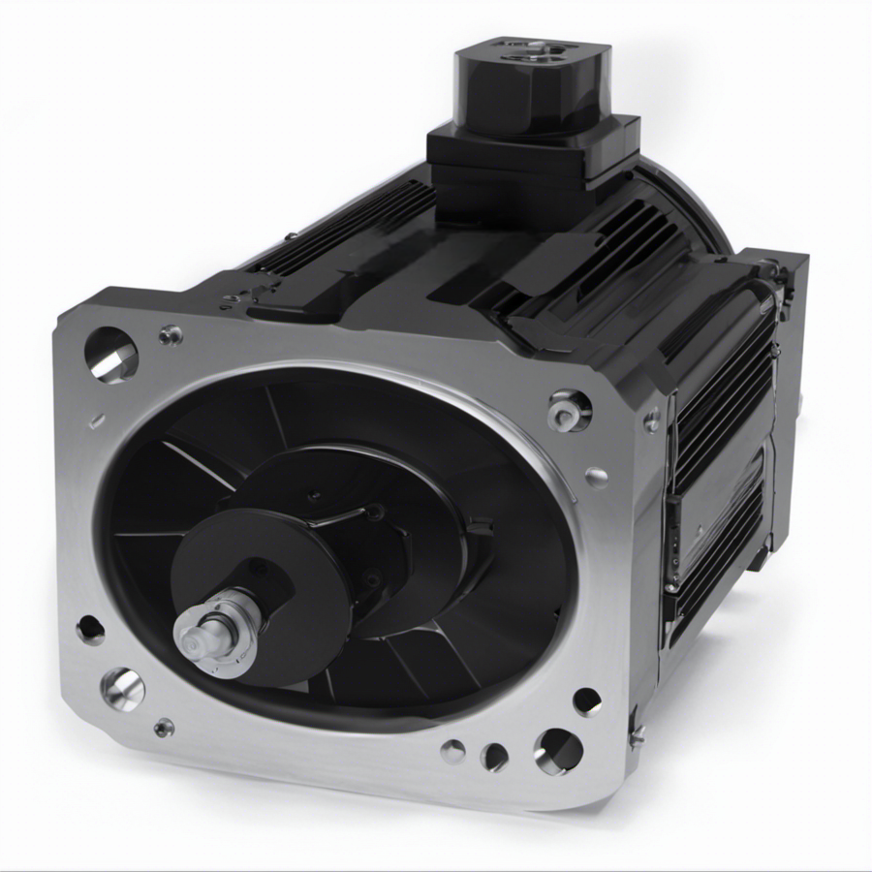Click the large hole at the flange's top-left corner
(x=110, y=354)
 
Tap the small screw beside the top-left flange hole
(x=171, y=335)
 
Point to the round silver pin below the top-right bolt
(x=597, y=476)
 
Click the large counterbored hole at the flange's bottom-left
(x=123, y=688)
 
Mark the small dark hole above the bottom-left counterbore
(x=90, y=630)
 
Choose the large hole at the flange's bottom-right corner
(x=559, y=750)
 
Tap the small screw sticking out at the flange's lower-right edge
(x=637, y=736)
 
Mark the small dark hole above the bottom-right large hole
(x=587, y=701)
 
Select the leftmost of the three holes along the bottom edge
(x=452, y=750)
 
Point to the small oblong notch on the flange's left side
(x=96, y=421)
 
